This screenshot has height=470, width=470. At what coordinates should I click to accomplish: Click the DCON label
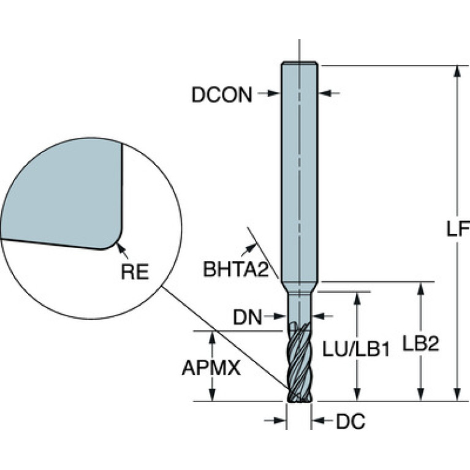pyautogui.click(x=222, y=95)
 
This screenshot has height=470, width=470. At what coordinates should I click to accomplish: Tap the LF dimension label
pyautogui.click(x=458, y=229)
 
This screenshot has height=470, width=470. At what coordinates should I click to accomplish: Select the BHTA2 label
pyautogui.click(x=236, y=269)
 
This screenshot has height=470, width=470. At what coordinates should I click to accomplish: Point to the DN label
pyautogui.click(x=248, y=317)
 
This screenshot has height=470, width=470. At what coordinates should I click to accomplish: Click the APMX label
pyautogui.click(x=211, y=368)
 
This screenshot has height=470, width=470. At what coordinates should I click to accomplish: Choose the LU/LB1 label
pyautogui.click(x=356, y=349)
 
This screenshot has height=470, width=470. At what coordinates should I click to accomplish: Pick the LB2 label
pyautogui.click(x=421, y=344)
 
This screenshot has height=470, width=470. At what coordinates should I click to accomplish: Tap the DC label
pyautogui.click(x=351, y=421)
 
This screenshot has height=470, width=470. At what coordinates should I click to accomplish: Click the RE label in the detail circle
pyautogui.click(x=135, y=272)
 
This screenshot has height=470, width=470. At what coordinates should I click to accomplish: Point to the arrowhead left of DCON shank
pyautogui.click(x=273, y=93)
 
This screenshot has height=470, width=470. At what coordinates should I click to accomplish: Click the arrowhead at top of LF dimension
pyautogui.click(x=457, y=72)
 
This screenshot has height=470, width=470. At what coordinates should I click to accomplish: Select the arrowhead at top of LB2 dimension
pyautogui.click(x=421, y=289)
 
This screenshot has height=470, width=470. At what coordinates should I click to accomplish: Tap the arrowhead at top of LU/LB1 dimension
pyautogui.click(x=357, y=298)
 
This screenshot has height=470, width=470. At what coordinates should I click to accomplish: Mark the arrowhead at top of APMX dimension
pyautogui.click(x=213, y=338)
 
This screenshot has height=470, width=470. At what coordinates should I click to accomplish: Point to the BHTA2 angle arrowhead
pyautogui.click(x=251, y=248)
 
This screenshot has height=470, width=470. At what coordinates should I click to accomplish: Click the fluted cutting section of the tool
pyautogui.click(x=299, y=362)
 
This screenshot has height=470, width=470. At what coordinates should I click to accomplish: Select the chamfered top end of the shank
pyautogui.click(x=300, y=63)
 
